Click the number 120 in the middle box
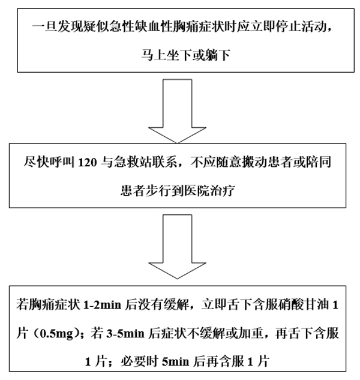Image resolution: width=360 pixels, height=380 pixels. pos(87,163)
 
